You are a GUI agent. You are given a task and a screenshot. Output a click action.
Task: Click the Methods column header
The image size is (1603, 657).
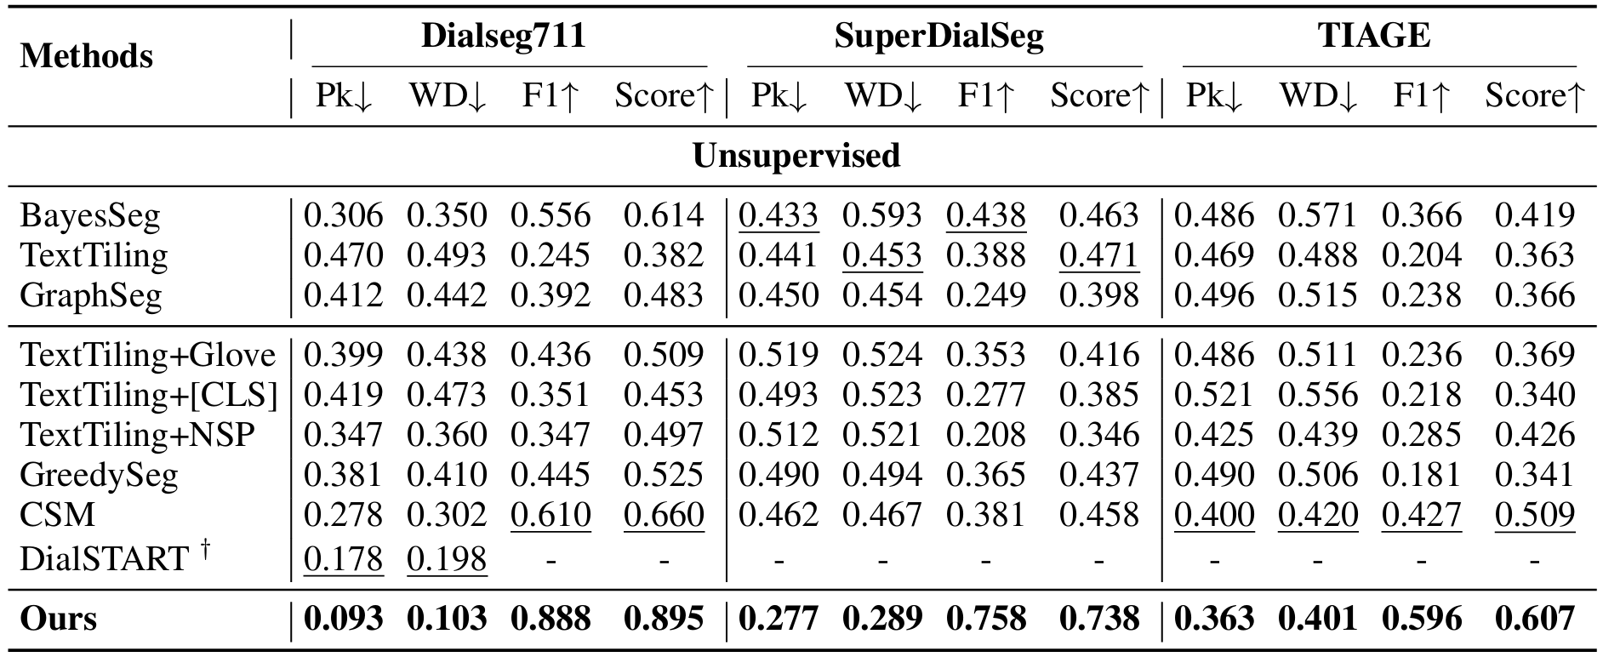pos(86,56)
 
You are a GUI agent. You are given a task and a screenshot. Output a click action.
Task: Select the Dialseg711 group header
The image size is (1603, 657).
pos(504,36)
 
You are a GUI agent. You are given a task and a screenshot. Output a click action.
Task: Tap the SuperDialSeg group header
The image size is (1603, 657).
pos(938,36)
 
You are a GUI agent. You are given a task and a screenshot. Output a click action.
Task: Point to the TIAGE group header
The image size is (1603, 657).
pos(1374,36)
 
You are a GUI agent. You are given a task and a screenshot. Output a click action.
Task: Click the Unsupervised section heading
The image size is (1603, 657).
pos(796,156)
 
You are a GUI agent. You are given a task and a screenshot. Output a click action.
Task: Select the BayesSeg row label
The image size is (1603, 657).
pos(90,215)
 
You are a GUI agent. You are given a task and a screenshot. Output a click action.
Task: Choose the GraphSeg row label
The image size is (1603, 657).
pos(90,295)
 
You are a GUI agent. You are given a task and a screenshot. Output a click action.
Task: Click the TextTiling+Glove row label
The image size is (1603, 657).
pos(148,355)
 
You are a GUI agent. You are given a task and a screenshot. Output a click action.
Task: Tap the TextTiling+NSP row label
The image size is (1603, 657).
pos(137,435)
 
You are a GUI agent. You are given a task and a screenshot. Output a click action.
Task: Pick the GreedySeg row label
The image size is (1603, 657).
pos(99,475)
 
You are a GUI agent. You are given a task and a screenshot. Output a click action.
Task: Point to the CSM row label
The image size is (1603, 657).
pos(58,515)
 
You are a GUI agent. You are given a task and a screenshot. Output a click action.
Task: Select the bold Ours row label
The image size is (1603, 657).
pos(58,619)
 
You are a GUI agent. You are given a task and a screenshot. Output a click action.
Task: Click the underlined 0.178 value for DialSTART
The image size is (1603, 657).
pos(343,558)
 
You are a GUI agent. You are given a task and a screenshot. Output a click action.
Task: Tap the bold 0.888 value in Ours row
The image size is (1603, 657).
pos(550,619)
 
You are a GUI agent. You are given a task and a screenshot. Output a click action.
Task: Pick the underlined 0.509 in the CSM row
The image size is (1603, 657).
pos(1534,515)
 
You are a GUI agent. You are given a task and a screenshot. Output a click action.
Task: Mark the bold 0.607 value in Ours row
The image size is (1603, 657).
pos(1534,619)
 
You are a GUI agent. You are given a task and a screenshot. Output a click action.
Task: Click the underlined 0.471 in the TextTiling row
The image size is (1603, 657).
pos(1098,255)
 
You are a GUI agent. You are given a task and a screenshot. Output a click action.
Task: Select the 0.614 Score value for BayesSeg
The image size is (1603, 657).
pos(664,215)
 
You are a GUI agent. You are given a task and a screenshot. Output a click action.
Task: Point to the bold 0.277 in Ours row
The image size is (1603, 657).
pos(778,619)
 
